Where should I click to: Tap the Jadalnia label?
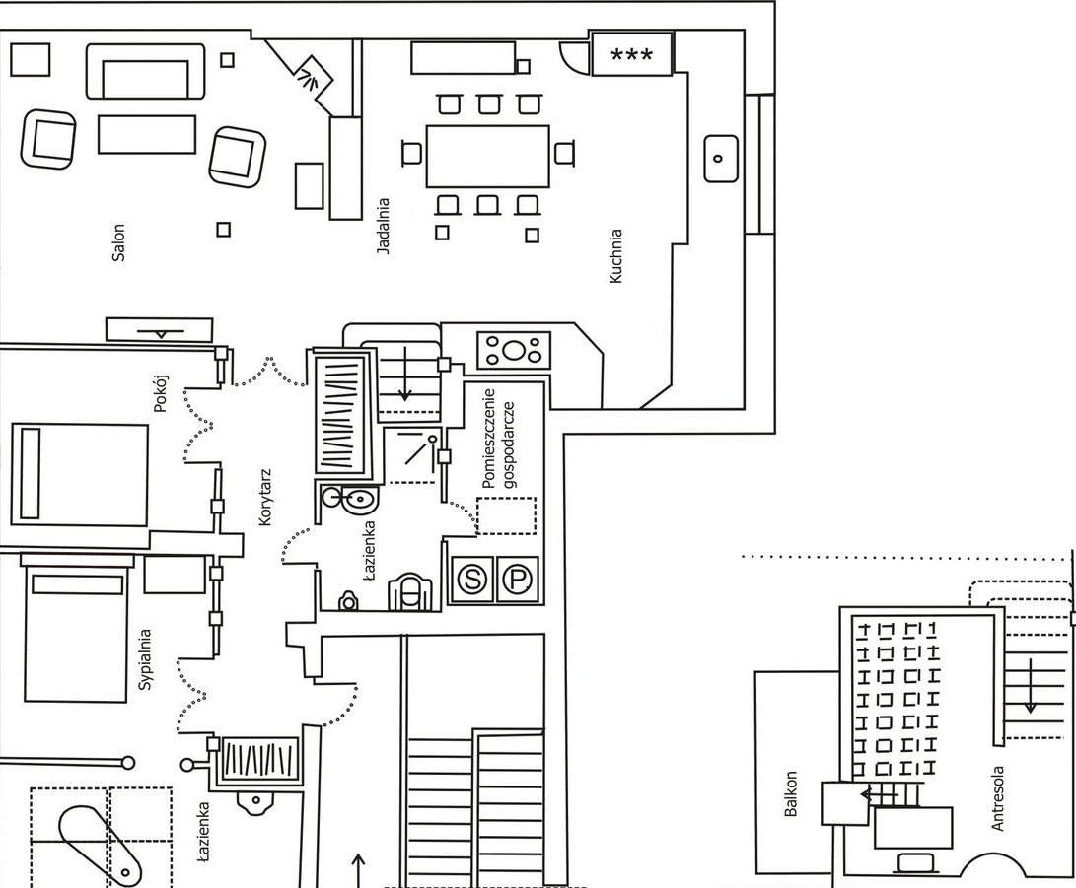[384, 228]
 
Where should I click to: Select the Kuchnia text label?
[616, 257]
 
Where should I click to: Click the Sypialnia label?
[146, 659]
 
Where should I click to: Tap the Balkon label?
[790, 795]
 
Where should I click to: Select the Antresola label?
[997, 798]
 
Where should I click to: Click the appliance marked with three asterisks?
[632, 53]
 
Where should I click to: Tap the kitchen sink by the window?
[720, 158]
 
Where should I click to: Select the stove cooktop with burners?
[513, 349]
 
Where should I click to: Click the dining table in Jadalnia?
[487, 156]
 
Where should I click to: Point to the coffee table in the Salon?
[147, 134]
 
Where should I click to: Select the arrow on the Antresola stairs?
[1030, 685]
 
